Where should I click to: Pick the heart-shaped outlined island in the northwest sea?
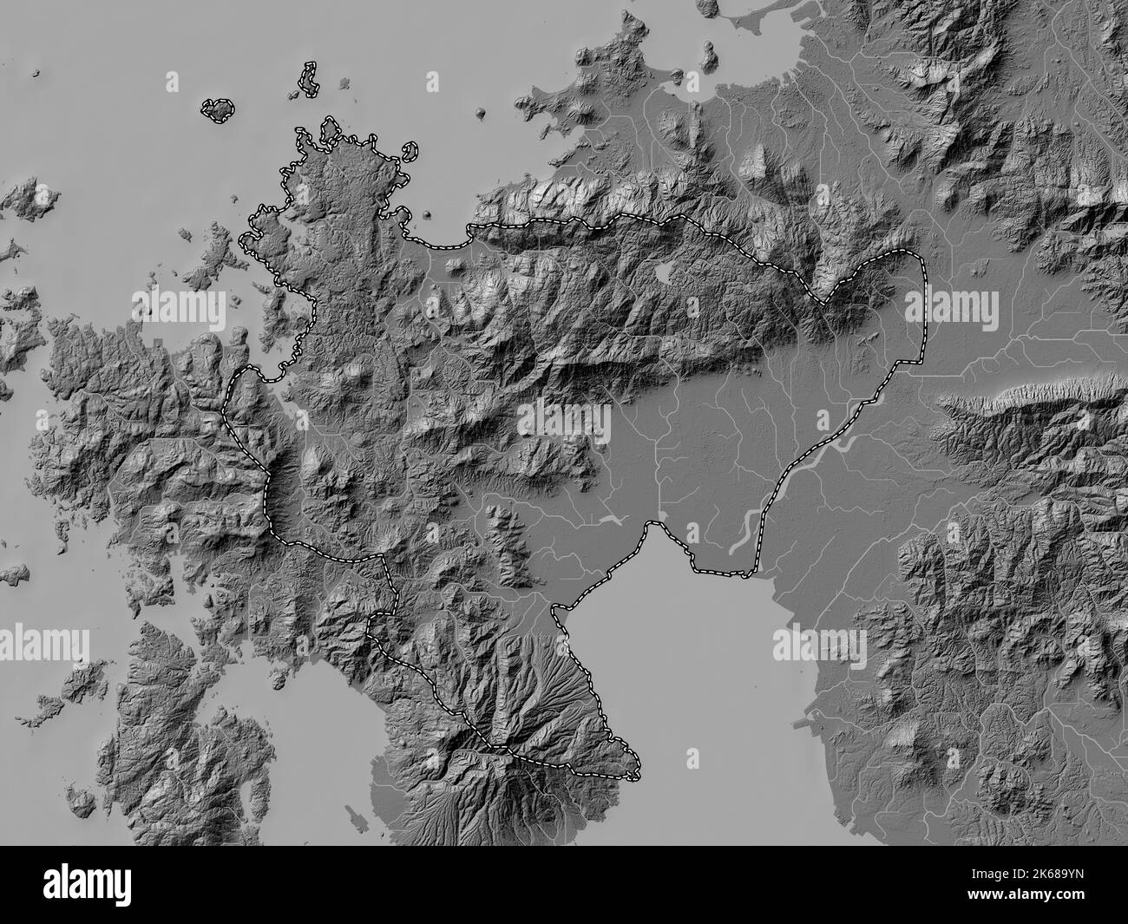(x=218, y=109)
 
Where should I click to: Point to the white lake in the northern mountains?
(x=663, y=274)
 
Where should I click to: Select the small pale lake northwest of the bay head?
(x=612, y=520)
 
